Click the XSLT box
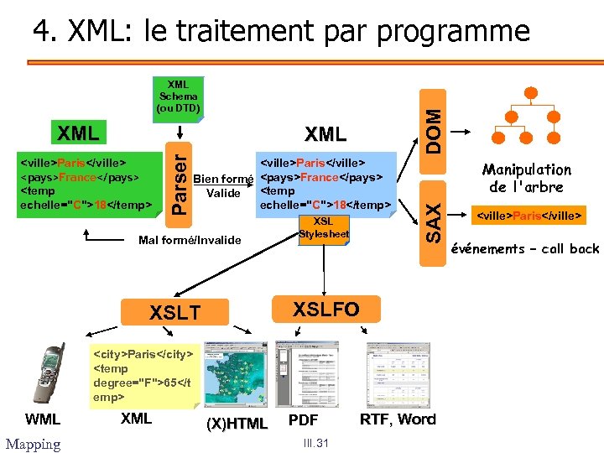click(174, 313)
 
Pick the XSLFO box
click(325, 309)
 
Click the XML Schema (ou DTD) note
click(178, 96)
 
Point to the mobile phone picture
click(47, 374)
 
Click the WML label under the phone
click(43, 419)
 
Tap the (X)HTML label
click(237, 423)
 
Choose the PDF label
click(303, 419)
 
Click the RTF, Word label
click(398, 419)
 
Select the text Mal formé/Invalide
click(189, 241)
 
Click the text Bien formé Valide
click(223, 185)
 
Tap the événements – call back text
click(525, 248)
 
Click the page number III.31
click(318, 444)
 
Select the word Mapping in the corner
click(33, 444)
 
